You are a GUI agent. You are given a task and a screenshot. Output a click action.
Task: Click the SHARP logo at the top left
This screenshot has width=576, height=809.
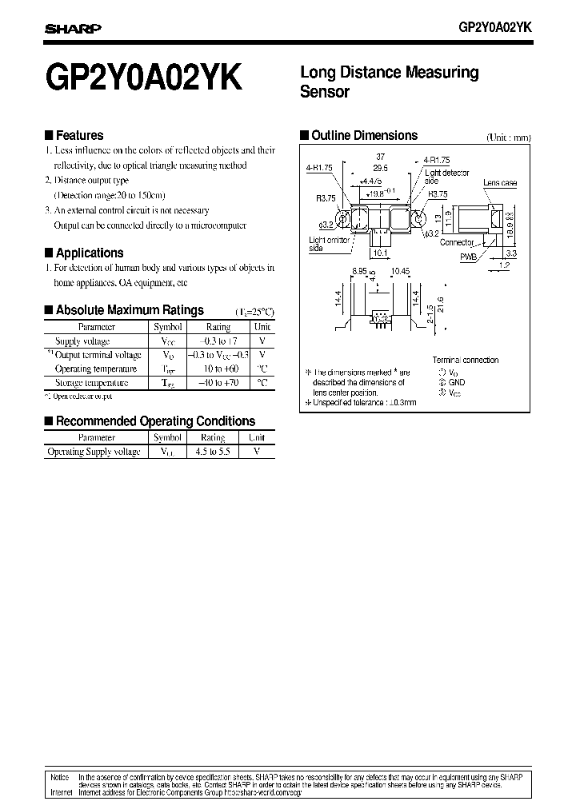(x=72, y=29)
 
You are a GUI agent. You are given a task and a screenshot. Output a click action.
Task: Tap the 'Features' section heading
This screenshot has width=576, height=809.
(x=79, y=136)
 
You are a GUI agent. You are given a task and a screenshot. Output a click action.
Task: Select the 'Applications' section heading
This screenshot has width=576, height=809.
(x=89, y=253)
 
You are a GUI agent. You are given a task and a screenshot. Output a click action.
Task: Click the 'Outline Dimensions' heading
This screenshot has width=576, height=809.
(x=364, y=136)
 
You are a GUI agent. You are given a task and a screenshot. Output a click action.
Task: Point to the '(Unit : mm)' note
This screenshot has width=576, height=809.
(x=508, y=137)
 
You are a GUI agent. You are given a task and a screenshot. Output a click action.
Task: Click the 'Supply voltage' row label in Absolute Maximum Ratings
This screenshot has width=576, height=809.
(x=82, y=341)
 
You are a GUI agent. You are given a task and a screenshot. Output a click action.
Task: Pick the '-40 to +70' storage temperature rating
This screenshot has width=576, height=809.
(x=218, y=383)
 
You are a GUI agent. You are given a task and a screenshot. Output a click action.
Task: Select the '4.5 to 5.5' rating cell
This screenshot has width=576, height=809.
(x=212, y=452)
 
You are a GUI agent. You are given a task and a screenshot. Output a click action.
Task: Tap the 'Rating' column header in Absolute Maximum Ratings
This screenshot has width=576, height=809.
(x=218, y=327)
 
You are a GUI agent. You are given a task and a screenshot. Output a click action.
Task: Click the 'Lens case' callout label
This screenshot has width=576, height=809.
(x=500, y=183)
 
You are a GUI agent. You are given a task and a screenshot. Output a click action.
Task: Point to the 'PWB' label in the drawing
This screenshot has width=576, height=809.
(x=467, y=257)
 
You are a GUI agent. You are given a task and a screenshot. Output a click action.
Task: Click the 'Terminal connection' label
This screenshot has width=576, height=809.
(x=465, y=360)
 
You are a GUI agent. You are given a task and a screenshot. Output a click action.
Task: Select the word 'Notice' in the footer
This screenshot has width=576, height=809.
(x=59, y=777)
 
